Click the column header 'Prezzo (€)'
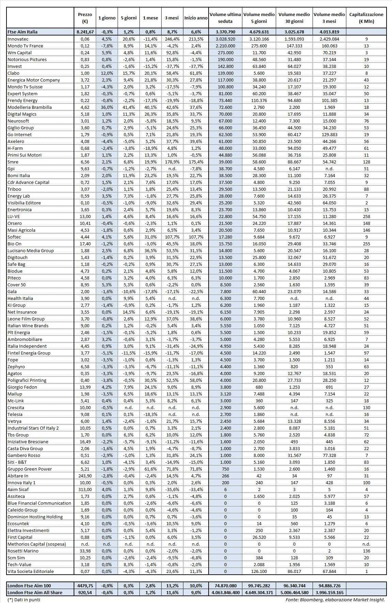coord(85,18)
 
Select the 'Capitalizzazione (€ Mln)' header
coord(366,18)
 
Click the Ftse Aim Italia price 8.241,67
coord(85,32)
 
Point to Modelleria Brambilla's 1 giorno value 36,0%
coord(107,107)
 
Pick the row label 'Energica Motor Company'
coord(34,80)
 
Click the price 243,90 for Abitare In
coord(85,476)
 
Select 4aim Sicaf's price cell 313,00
coord(85,489)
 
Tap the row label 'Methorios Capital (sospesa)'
coord(36,544)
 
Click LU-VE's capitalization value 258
coord(366,216)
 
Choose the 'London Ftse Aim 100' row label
coord(29,586)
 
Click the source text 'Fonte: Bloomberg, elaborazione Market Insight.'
coord(335,599)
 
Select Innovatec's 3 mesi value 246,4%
coord(172,39)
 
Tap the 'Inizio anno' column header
coord(196,18)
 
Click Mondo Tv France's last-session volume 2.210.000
coord(225,46)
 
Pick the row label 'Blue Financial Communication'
coord(40,503)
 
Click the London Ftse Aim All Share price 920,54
coord(85,592)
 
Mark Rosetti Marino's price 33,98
coord(85,551)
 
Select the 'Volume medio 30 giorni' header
coord(294,18)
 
